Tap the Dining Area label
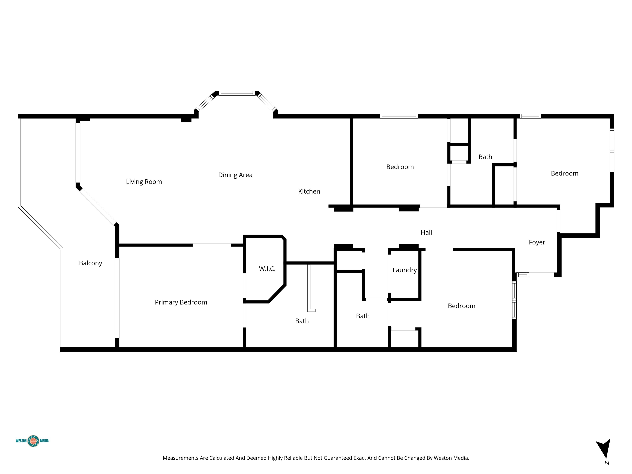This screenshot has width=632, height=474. [x=235, y=175]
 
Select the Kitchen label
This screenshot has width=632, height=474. [x=309, y=191]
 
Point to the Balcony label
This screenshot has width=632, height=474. [x=91, y=263]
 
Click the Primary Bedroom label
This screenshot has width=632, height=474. [x=181, y=302]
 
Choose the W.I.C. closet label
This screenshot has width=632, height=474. [x=267, y=269]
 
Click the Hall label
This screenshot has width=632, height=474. [x=426, y=232]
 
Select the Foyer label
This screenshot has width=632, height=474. [x=537, y=242]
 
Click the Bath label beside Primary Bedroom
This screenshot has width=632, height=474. [x=302, y=321]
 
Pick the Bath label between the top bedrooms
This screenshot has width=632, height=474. [x=485, y=157]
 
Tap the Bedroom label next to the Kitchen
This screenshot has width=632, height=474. [x=400, y=167]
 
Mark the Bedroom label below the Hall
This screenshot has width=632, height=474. [x=461, y=306]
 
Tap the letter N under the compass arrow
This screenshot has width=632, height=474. [x=607, y=463]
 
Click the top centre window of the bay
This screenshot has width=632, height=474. [x=237, y=93]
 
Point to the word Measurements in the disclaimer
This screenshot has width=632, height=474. [x=181, y=458]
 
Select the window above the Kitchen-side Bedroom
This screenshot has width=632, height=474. [x=399, y=116]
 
